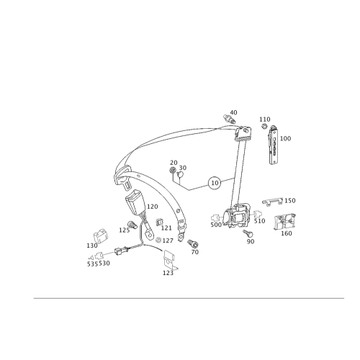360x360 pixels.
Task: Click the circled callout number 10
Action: point(215,183)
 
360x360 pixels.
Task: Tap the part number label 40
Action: point(233,112)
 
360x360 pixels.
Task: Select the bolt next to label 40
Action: point(229,119)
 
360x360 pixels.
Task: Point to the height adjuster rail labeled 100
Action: point(273,145)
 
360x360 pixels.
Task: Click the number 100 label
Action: point(285,138)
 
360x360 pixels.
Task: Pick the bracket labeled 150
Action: point(272,201)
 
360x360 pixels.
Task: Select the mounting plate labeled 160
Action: point(285,221)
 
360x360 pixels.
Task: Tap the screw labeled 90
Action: point(248,233)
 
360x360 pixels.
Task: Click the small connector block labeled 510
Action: point(258,214)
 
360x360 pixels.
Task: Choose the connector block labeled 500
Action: point(215,217)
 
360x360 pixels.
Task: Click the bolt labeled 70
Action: point(193,243)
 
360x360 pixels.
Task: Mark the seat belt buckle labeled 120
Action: point(135,201)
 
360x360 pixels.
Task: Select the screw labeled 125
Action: point(132,225)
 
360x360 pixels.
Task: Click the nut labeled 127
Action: point(158,240)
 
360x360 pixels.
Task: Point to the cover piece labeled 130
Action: point(100,235)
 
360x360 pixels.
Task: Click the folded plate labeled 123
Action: point(170,260)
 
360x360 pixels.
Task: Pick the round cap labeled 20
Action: point(173,170)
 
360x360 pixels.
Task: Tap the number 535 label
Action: point(92,264)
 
